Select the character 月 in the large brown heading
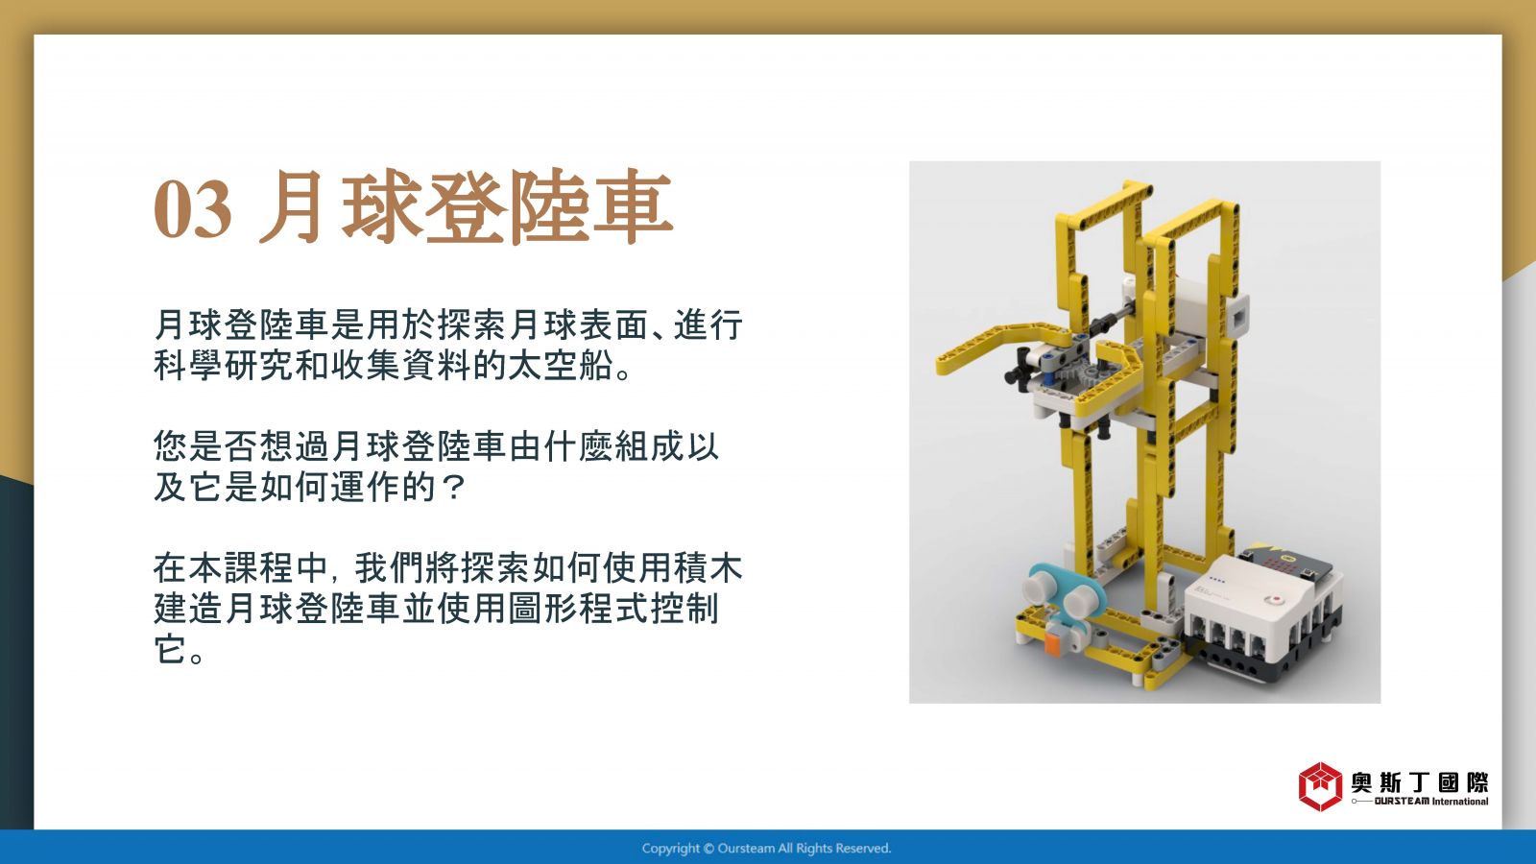[x=292, y=206]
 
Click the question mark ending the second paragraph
[x=452, y=488]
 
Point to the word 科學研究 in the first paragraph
[x=224, y=365]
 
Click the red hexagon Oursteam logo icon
[x=1320, y=786]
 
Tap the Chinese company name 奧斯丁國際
[x=1420, y=781]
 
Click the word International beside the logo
[x=1460, y=802]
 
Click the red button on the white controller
[x=1277, y=599]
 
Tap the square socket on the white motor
[x=1239, y=318]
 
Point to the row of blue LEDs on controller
[x=1216, y=580]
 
